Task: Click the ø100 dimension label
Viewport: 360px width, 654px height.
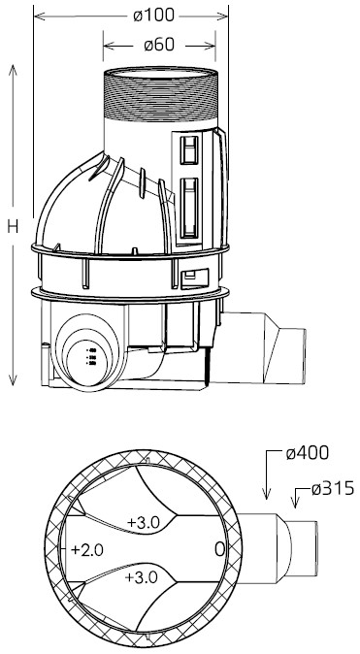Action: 153,16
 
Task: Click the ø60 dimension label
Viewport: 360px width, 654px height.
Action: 159,45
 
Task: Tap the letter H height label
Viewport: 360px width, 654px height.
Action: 13,226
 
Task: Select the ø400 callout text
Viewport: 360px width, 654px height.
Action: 307,453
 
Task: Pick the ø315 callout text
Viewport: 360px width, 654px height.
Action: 333,488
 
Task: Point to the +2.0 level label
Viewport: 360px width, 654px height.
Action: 86,550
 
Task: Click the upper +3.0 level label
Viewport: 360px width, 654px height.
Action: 144,522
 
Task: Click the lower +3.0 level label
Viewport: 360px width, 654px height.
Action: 141,577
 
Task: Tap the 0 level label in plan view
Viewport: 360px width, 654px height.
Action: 220,550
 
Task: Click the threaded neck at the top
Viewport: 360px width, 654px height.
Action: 160,95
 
